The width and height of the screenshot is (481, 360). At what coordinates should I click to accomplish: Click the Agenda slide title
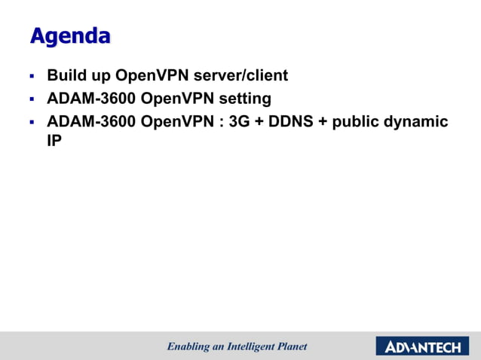[x=69, y=35]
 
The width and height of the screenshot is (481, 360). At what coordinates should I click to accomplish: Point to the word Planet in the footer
[x=290, y=346]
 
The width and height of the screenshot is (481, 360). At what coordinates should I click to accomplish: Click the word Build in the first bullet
[x=64, y=76]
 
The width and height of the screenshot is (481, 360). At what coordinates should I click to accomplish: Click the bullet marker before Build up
[x=32, y=77]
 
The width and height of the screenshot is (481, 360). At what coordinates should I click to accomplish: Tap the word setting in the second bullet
[x=245, y=99]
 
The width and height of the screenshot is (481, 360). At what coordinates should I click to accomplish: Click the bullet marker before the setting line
[x=32, y=99]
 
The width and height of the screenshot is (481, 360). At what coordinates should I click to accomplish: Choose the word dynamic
[x=421, y=122]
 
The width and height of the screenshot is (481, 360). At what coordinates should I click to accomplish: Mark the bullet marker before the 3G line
[x=32, y=122]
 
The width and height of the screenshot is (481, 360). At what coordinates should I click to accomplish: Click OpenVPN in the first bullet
[x=149, y=76]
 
